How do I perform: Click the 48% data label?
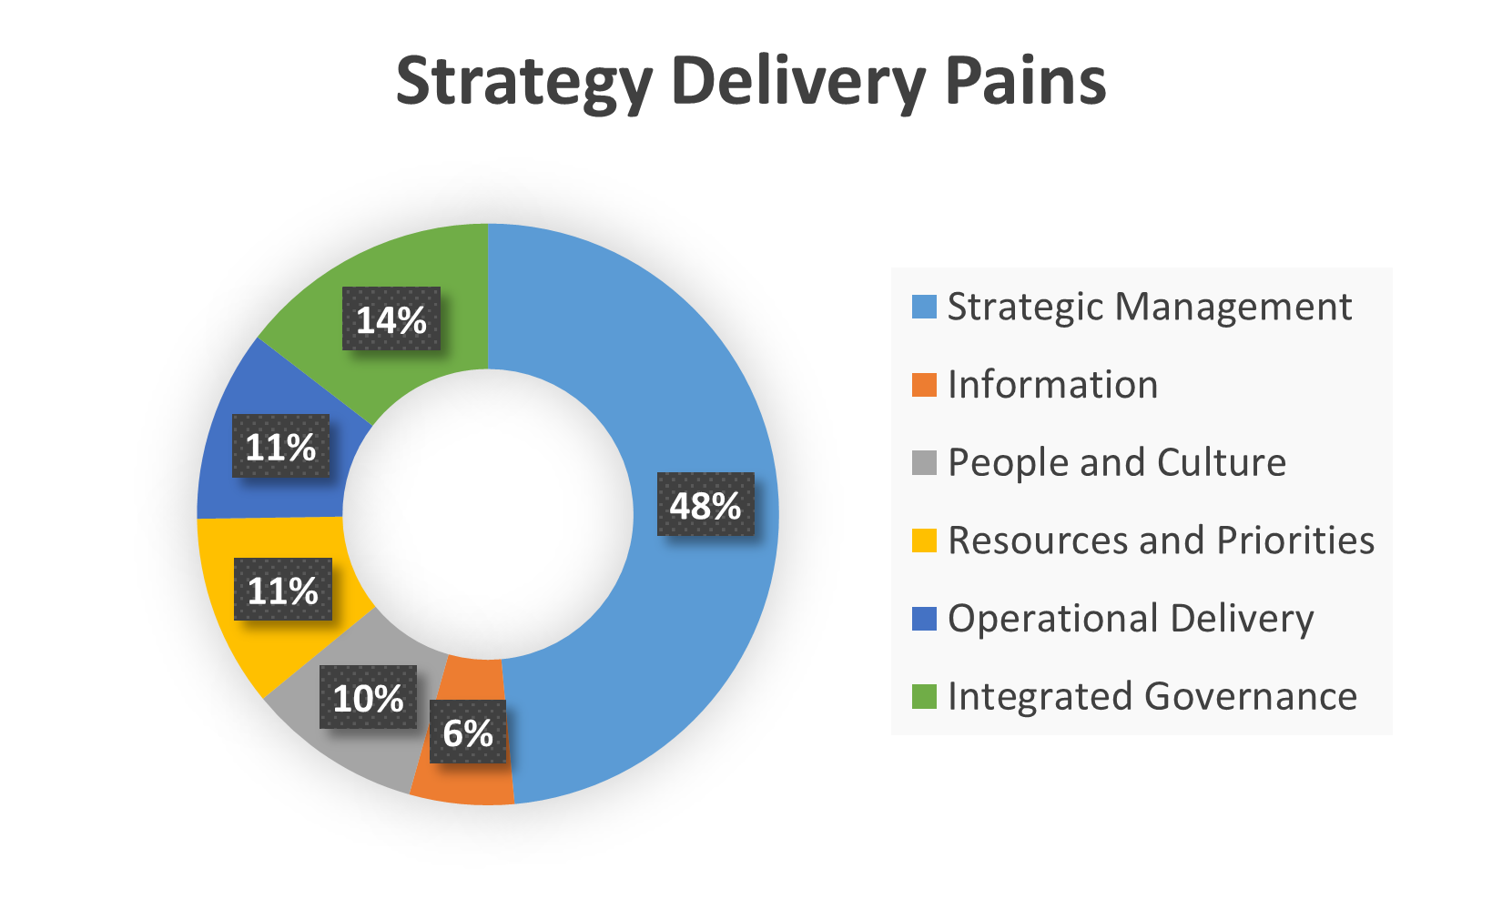click(705, 504)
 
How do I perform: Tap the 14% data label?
click(391, 318)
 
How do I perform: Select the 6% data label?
click(468, 732)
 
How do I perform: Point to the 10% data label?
click(368, 697)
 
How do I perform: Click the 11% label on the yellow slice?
click(283, 590)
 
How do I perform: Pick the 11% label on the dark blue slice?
click(281, 446)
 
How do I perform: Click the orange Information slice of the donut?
click(462, 778)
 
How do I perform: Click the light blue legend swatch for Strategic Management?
click(924, 307)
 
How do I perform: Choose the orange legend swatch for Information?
click(924, 385)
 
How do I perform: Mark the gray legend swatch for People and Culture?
click(924, 462)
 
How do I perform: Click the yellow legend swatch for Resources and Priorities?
click(924, 540)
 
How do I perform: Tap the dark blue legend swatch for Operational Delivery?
click(924, 618)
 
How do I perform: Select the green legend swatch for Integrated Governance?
click(924, 696)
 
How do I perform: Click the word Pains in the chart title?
click(1026, 80)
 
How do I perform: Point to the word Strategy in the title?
click(524, 84)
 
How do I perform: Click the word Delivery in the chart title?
click(799, 84)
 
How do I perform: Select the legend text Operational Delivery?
click(1131, 619)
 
